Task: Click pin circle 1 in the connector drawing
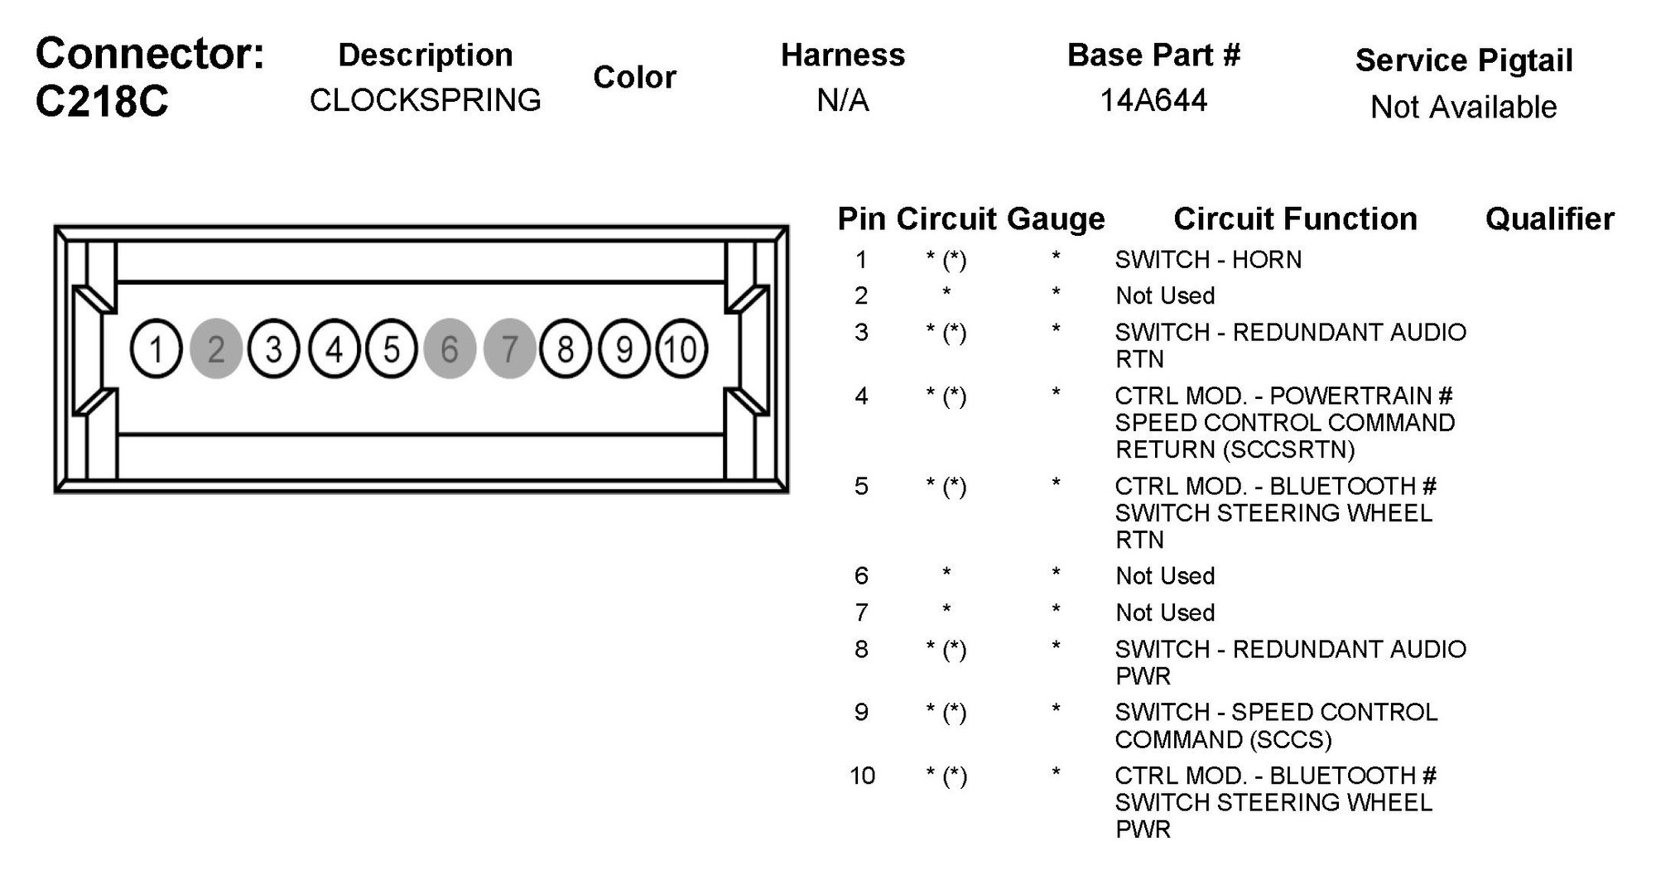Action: click(156, 348)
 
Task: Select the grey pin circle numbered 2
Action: click(215, 348)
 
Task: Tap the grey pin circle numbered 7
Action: click(509, 348)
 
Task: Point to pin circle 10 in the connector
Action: click(681, 348)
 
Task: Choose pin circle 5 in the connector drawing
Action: click(392, 348)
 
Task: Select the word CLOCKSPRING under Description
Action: click(425, 100)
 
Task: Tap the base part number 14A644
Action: click(1153, 100)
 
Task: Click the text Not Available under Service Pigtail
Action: click(1463, 107)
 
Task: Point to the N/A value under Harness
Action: click(842, 100)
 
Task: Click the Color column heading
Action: click(634, 77)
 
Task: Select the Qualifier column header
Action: click(1549, 219)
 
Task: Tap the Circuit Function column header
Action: click(1295, 219)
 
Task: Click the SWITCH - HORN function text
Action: click(1207, 260)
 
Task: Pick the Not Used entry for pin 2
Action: click(1164, 296)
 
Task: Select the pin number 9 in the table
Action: click(861, 712)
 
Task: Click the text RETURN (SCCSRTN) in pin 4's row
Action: click(1235, 449)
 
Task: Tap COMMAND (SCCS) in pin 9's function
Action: click(1223, 739)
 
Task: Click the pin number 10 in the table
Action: click(861, 776)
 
